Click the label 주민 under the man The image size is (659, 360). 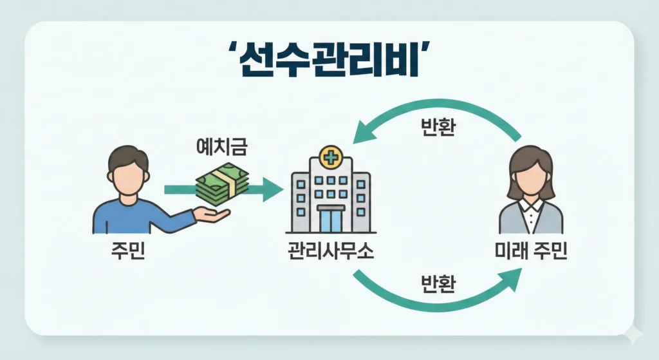coord(127,249)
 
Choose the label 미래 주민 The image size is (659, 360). coord(531,249)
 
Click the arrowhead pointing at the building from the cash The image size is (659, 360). coord(273,189)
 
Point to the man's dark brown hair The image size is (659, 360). coord(128,157)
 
